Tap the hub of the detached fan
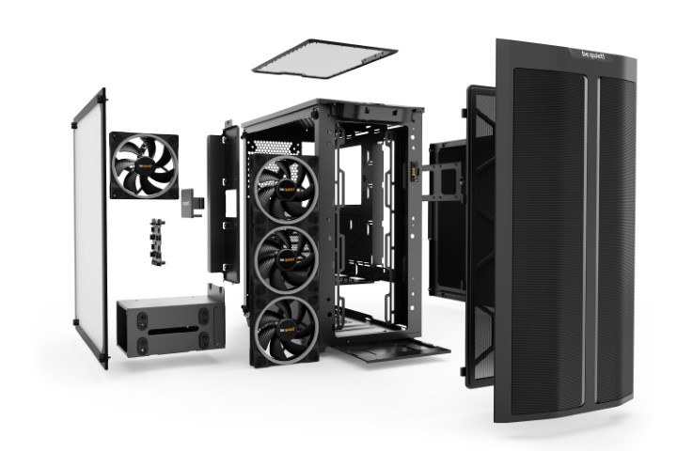click(x=144, y=165)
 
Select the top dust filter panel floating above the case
click(x=324, y=57)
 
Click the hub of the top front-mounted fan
click(x=286, y=188)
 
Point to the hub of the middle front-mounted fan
click(x=288, y=257)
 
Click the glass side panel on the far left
click(x=90, y=225)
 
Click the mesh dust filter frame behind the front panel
click(x=480, y=235)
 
